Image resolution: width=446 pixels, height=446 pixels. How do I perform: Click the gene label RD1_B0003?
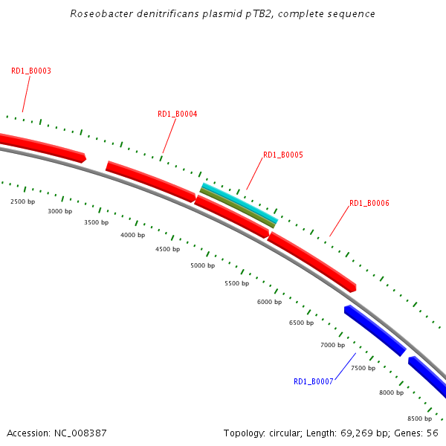(30, 71)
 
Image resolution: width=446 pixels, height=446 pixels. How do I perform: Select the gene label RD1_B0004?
(177, 114)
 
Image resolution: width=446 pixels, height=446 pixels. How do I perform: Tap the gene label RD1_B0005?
(282, 155)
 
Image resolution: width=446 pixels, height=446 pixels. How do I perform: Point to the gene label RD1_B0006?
(369, 204)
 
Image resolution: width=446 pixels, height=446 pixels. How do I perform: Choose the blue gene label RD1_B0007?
(313, 382)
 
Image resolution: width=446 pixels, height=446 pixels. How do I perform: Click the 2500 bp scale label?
(22, 201)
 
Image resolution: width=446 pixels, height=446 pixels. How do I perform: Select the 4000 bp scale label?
(132, 235)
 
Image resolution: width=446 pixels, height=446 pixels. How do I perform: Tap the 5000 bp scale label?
(202, 265)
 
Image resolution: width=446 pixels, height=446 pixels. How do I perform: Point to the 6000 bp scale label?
(269, 302)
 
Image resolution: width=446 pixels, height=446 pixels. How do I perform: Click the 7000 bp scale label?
(332, 345)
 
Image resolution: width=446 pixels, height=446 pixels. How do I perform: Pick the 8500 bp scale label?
(421, 419)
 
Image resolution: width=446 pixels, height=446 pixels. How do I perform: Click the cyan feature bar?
(239, 201)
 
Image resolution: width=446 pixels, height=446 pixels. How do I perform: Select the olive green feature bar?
(237, 207)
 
